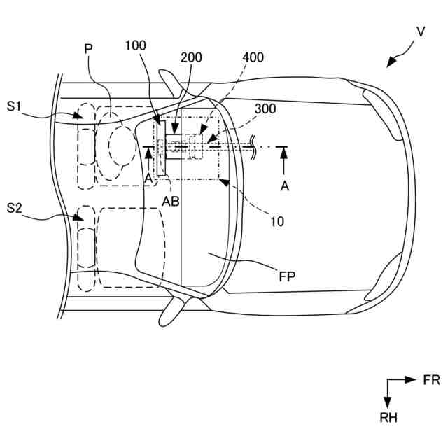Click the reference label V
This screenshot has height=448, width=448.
click(420, 31)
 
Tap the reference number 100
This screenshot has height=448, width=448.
click(136, 45)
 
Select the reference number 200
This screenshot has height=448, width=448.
click(192, 58)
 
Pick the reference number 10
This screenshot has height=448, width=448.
click(277, 222)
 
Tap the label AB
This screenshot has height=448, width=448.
click(170, 201)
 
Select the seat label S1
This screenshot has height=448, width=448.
click(15, 106)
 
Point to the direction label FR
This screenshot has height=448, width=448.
click(431, 381)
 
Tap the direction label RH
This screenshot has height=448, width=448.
click(388, 419)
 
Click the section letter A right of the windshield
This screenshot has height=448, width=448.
click(283, 185)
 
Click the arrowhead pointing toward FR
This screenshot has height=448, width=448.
click(412, 381)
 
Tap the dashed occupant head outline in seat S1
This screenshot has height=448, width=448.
click(122, 146)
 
